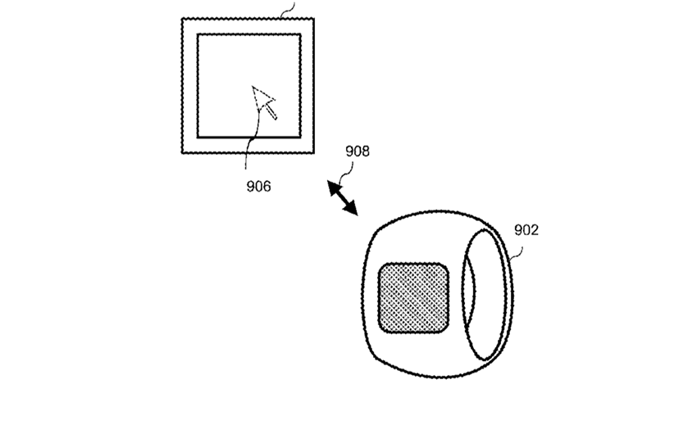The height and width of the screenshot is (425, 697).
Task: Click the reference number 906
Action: point(258,187)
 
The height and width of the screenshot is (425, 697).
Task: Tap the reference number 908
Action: point(358,151)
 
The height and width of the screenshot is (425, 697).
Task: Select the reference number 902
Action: point(526,230)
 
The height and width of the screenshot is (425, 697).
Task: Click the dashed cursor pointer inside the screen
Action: point(265,102)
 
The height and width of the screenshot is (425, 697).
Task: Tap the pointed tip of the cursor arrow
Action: point(253,87)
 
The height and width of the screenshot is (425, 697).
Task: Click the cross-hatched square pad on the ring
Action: point(413,297)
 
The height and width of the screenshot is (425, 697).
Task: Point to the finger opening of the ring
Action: point(484,294)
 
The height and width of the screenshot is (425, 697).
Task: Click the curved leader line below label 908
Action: point(347,173)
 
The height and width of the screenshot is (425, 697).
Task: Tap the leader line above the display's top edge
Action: point(289,8)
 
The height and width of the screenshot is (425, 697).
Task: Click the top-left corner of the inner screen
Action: point(198,34)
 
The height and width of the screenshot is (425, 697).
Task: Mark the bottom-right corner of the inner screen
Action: point(300,138)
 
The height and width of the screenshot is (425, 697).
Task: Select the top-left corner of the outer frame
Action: point(182,19)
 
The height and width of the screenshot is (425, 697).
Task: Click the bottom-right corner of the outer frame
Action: point(314,153)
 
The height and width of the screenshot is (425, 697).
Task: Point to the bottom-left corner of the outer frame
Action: point(182,153)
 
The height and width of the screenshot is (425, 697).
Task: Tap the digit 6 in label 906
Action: point(267,187)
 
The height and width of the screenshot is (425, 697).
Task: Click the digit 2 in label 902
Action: point(535,230)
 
